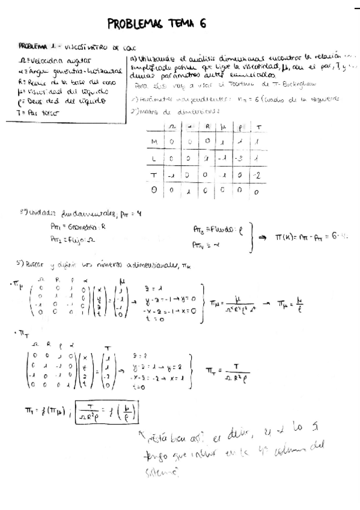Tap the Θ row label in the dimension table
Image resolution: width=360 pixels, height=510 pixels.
[x=154, y=192]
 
